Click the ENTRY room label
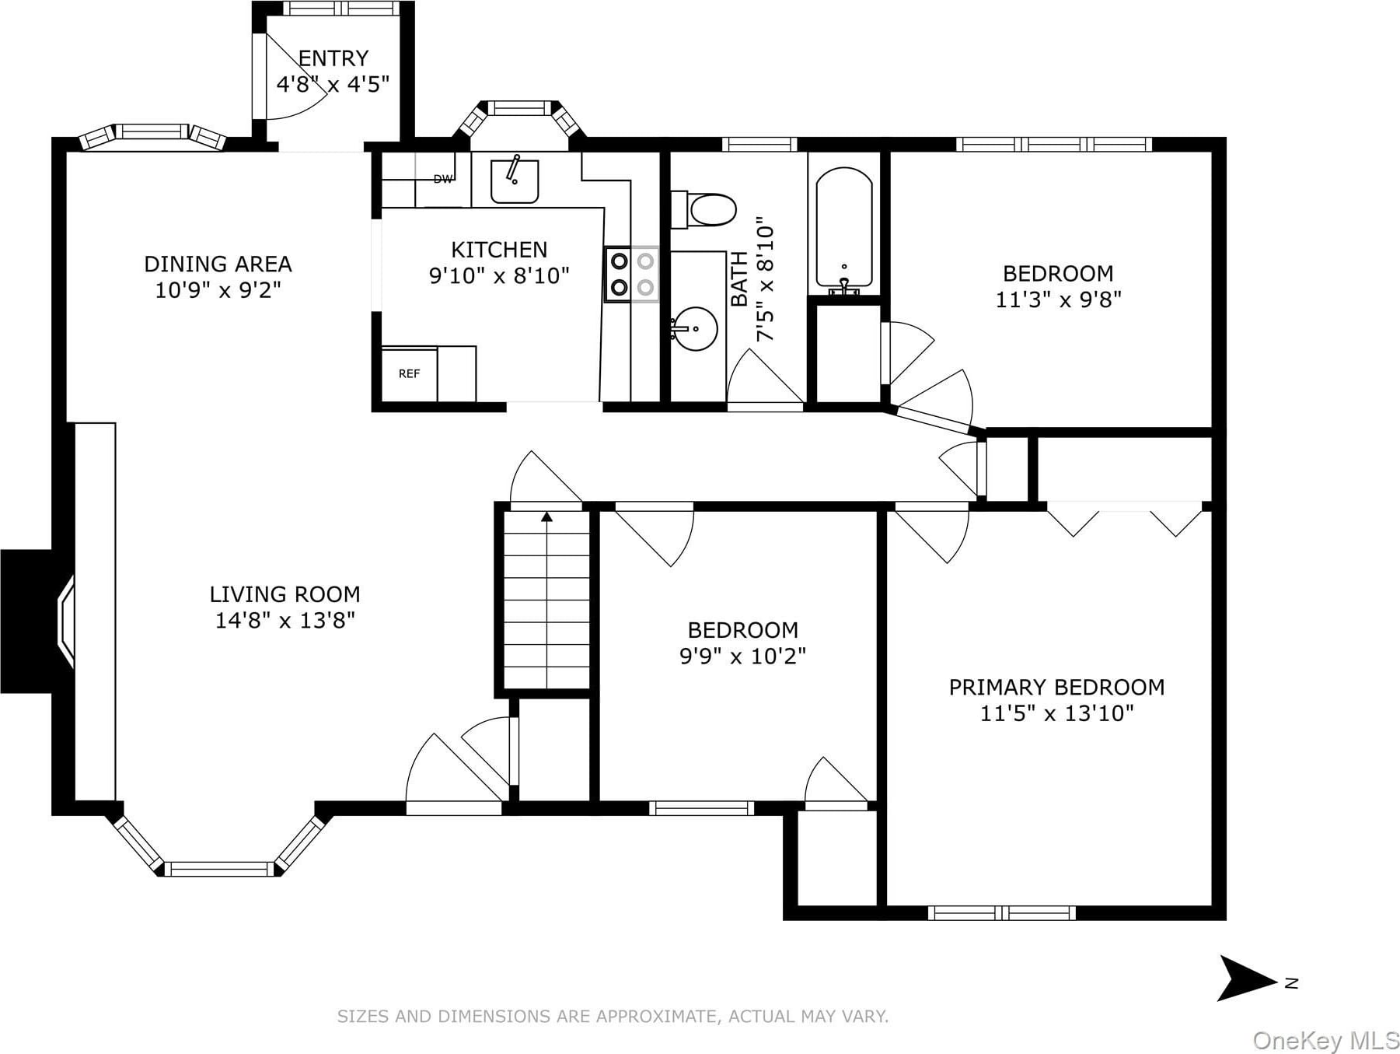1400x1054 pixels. (x=333, y=58)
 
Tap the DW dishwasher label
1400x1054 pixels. (x=443, y=179)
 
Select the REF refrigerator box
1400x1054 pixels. (x=409, y=374)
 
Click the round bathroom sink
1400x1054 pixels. (x=694, y=328)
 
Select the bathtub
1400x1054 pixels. (x=843, y=230)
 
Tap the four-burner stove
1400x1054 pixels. (x=632, y=275)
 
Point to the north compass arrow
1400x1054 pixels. (x=1246, y=979)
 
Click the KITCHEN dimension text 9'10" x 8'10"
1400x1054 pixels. (x=499, y=276)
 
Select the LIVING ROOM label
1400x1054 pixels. (x=285, y=594)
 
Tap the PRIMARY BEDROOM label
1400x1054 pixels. (x=1056, y=688)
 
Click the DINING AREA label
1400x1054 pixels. (x=218, y=264)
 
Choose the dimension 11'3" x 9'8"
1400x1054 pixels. (x=1058, y=299)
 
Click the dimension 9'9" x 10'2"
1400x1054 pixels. (x=742, y=657)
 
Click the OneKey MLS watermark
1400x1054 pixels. (x=1325, y=1040)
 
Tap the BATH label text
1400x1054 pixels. (x=739, y=279)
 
